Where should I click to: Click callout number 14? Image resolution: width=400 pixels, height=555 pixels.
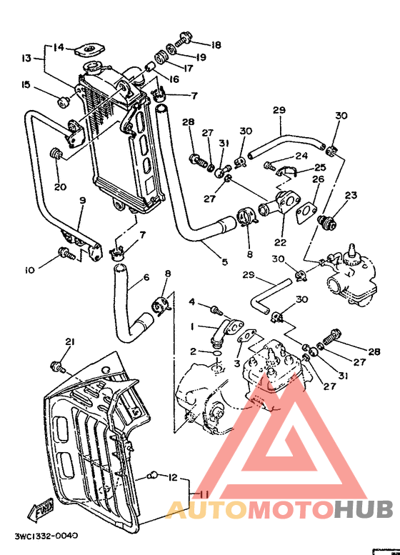click(59, 48)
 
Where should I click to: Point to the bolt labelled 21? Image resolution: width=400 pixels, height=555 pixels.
click(56, 367)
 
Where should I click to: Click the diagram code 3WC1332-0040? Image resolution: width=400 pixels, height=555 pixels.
click(45, 535)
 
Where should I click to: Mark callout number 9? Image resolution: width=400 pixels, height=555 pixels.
click(82, 201)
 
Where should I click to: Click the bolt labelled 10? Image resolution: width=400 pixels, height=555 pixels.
click(64, 252)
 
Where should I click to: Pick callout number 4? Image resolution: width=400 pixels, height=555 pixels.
click(192, 303)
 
